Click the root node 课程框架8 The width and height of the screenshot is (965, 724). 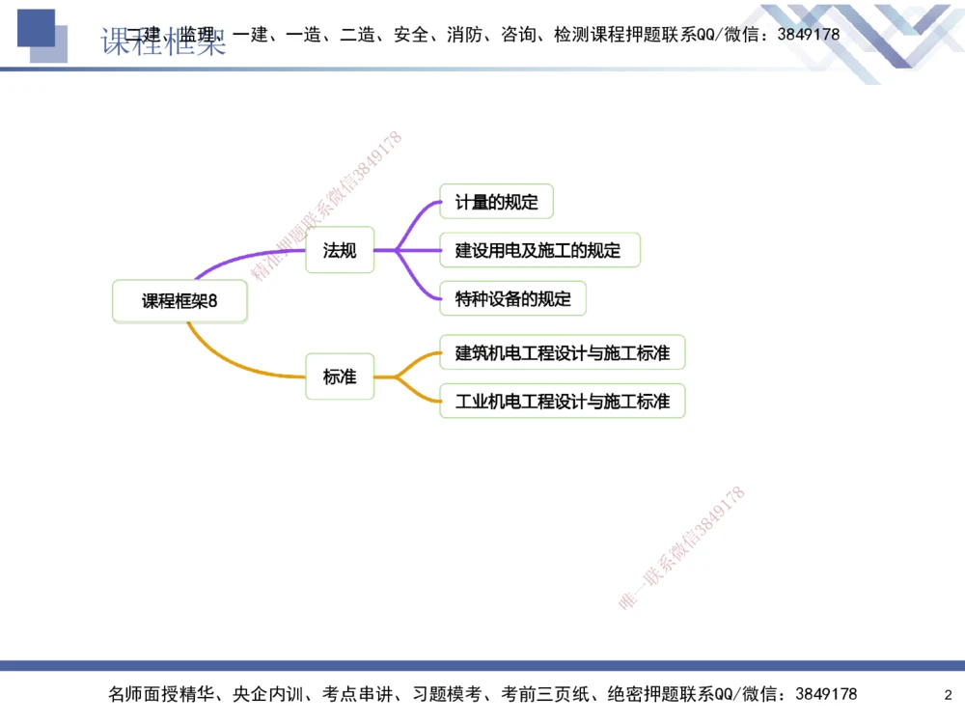click(179, 300)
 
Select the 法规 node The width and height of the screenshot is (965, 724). click(340, 251)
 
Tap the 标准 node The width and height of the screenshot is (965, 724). click(340, 377)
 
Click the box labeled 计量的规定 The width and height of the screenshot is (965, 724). click(496, 203)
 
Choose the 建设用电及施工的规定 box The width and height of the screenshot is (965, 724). click(538, 251)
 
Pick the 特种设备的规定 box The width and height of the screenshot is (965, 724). click(512, 299)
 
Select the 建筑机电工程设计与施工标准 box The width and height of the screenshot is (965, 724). click(562, 352)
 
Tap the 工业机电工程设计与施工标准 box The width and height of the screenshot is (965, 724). click(562, 401)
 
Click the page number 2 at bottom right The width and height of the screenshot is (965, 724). click(948, 695)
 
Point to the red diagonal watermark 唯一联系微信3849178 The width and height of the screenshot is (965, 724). click(681, 548)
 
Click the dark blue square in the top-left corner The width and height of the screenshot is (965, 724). click(35, 28)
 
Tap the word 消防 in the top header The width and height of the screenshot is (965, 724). click(461, 35)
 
